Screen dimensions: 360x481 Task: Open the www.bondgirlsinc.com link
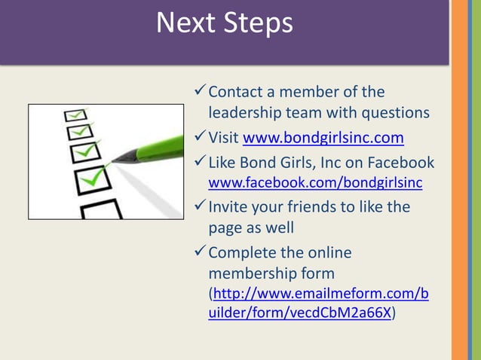tap(323, 138)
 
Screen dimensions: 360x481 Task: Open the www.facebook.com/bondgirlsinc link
tap(315, 182)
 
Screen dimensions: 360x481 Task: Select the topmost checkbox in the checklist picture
tap(76, 114)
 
